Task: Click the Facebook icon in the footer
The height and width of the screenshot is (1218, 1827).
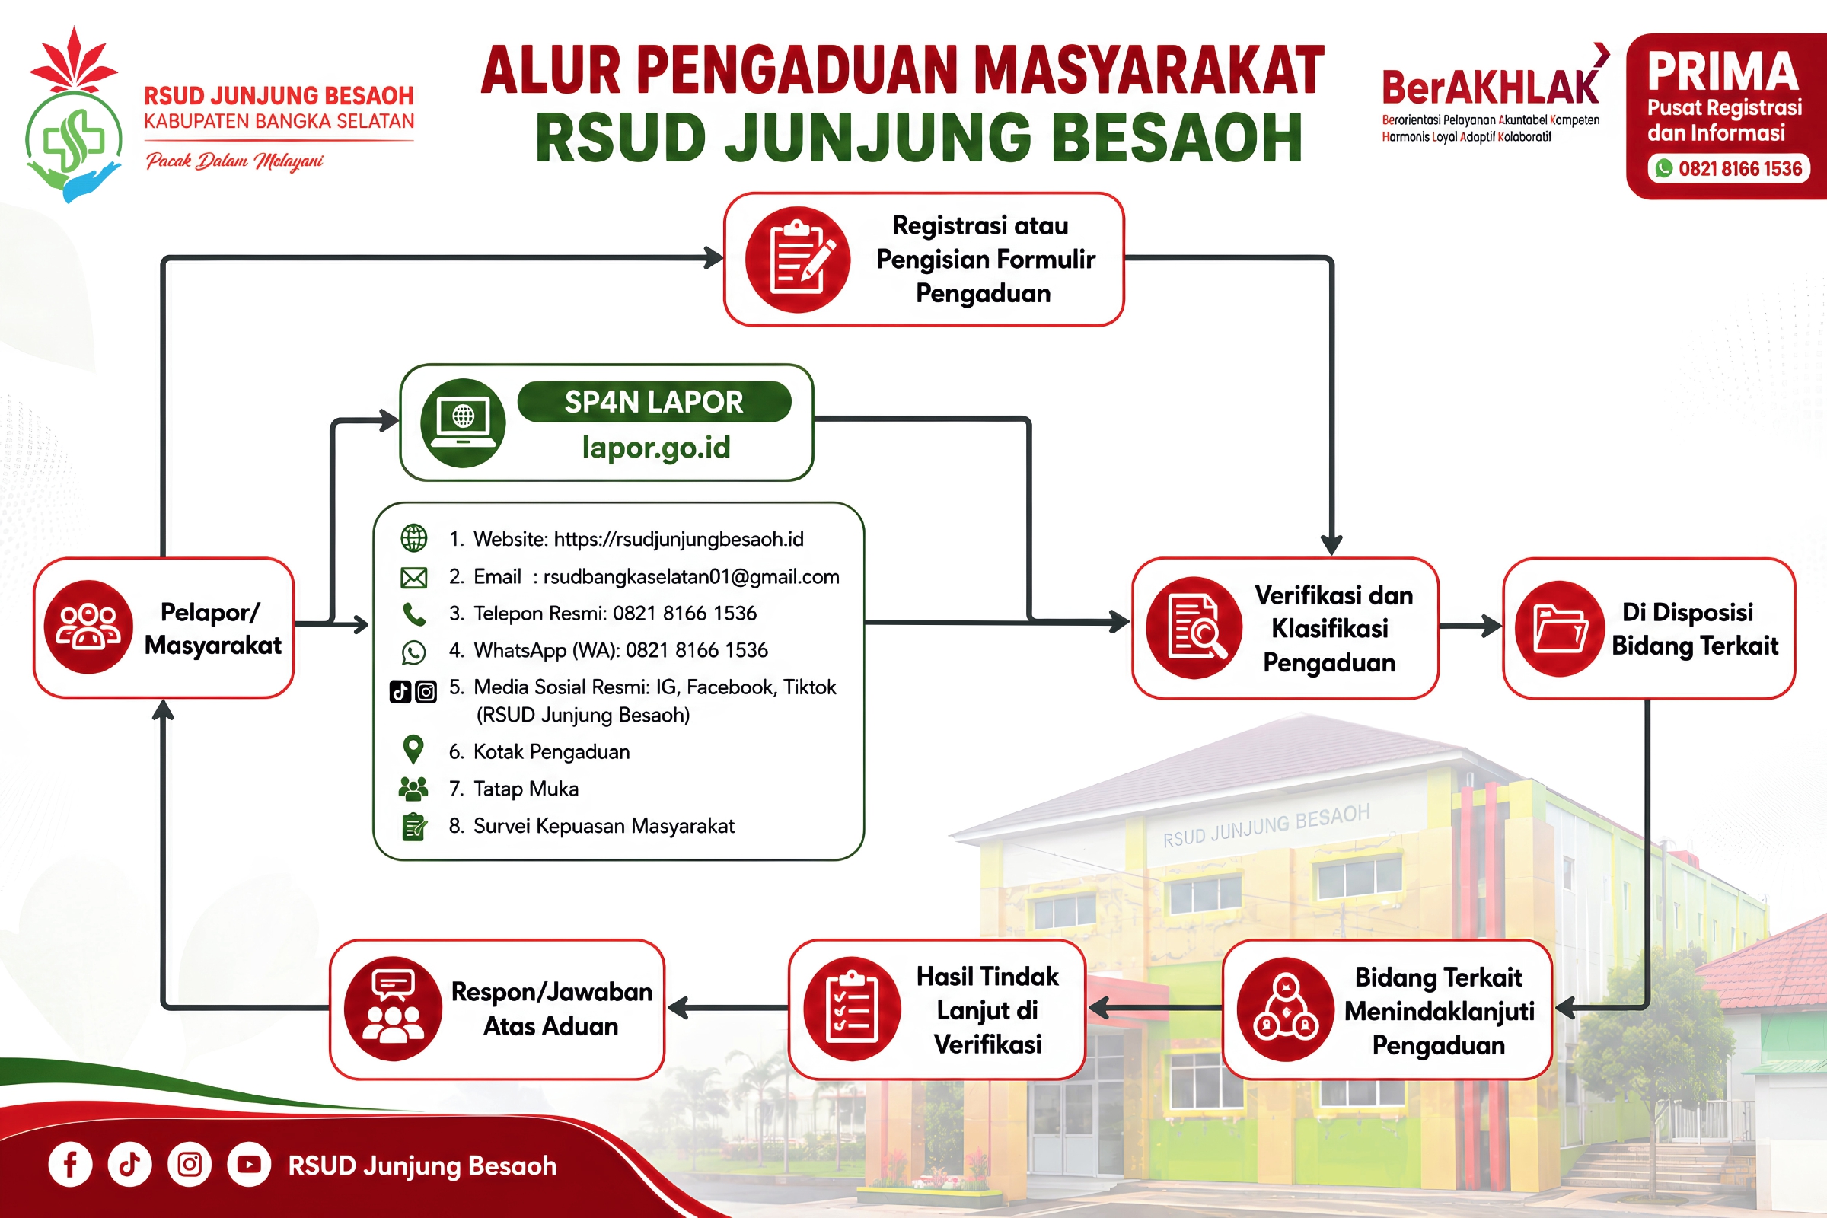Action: [70, 1165]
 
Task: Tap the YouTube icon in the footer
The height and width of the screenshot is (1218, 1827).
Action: [249, 1165]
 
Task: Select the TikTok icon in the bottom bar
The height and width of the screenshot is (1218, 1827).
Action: [129, 1165]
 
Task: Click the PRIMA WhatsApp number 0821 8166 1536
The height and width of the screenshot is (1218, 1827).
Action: [1739, 168]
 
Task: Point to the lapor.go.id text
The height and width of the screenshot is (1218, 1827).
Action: [656, 448]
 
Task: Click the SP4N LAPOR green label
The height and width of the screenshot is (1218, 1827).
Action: [654, 402]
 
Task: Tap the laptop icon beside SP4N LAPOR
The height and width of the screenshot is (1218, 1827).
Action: [463, 422]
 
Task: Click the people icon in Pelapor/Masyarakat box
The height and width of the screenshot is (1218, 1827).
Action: [88, 627]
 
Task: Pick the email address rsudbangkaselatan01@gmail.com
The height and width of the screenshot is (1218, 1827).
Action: [691, 576]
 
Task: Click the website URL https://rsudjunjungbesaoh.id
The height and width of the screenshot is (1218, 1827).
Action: [678, 539]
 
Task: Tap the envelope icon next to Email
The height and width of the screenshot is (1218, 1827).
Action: [414, 577]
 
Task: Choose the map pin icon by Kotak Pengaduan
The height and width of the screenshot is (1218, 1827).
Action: [413, 750]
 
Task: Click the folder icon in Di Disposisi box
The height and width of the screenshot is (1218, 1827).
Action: [1560, 629]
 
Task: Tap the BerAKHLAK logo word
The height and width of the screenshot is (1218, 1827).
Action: [1490, 87]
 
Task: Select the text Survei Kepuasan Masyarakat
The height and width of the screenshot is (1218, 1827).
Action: [604, 826]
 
